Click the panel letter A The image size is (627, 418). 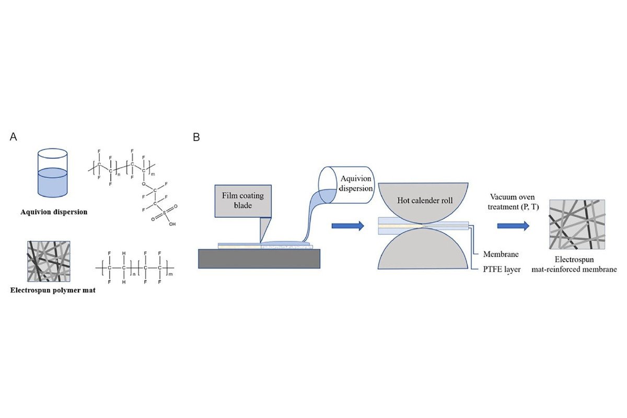tap(14, 137)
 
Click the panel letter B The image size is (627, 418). tap(196, 137)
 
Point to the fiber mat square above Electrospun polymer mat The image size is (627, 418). tap(49, 261)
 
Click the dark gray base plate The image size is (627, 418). tap(259, 258)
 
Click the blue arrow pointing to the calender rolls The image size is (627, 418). tap(347, 226)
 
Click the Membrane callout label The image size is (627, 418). tap(500, 254)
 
